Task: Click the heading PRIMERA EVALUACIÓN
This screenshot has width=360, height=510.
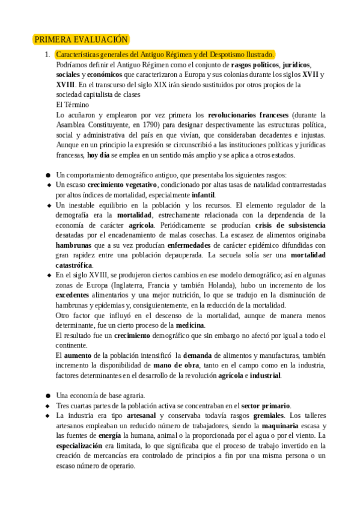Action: [x=81, y=40]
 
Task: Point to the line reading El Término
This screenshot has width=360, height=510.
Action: [x=72, y=104]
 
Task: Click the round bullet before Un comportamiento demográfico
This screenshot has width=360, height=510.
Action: [x=47, y=175]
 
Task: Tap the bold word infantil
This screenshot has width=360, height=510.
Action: [x=203, y=195]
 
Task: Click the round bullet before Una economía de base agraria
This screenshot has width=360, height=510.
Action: [x=47, y=396]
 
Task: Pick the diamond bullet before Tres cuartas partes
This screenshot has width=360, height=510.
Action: [x=47, y=405]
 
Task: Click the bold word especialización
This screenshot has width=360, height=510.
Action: [x=82, y=446]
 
